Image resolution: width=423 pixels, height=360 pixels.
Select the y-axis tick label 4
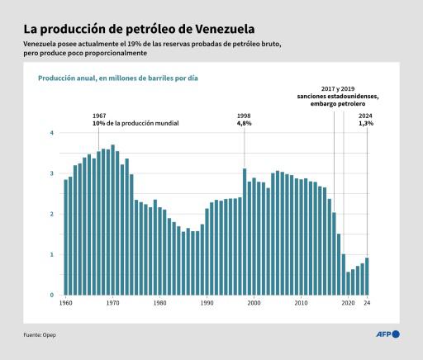pyautogui.click(x=52, y=133)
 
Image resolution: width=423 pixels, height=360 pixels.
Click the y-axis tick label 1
pyautogui.click(x=52, y=254)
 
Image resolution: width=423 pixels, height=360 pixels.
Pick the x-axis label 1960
pyautogui.click(x=65, y=303)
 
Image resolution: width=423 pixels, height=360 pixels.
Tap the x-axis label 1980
pyautogui.click(x=159, y=303)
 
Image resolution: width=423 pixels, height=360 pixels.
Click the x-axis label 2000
pyautogui.click(x=254, y=303)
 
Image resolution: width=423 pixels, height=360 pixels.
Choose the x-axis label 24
pyautogui.click(x=367, y=303)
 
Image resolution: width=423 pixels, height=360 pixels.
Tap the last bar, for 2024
pyautogui.click(x=367, y=276)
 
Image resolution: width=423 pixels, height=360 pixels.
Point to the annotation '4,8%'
pyautogui.click(x=245, y=123)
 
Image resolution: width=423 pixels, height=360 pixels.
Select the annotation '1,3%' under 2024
pyautogui.click(x=366, y=123)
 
